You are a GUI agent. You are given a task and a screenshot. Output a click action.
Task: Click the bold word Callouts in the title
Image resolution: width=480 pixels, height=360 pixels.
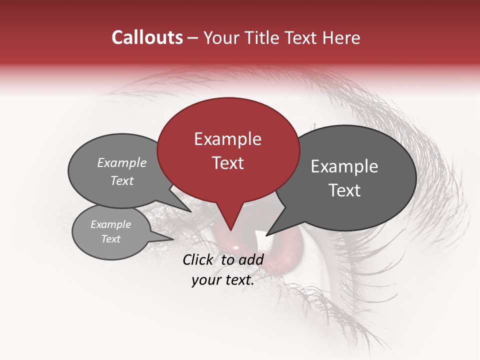(x=147, y=37)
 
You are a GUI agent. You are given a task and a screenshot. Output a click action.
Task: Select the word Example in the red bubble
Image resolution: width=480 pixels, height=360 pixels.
(x=227, y=139)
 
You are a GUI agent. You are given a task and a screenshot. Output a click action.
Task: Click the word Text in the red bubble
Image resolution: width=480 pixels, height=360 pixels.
(x=227, y=163)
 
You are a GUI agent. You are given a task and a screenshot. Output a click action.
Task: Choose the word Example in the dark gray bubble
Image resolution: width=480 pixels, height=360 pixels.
(x=344, y=166)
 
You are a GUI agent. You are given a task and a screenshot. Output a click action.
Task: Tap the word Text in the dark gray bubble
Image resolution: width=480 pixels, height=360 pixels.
(x=344, y=190)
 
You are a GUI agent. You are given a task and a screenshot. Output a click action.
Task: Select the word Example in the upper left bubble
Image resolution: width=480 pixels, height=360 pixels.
(x=122, y=163)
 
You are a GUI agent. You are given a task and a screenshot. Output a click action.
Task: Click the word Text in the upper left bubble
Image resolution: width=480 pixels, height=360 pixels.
(x=122, y=181)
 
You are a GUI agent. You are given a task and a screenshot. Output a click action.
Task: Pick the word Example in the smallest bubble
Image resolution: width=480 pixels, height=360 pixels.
(x=111, y=224)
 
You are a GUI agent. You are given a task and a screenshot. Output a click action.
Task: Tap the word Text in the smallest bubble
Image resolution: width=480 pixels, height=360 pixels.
(x=111, y=239)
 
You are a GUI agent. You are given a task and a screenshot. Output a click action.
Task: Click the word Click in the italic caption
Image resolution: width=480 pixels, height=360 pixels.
(x=199, y=259)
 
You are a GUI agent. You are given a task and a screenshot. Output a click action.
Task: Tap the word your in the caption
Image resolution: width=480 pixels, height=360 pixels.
(x=204, y=280)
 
